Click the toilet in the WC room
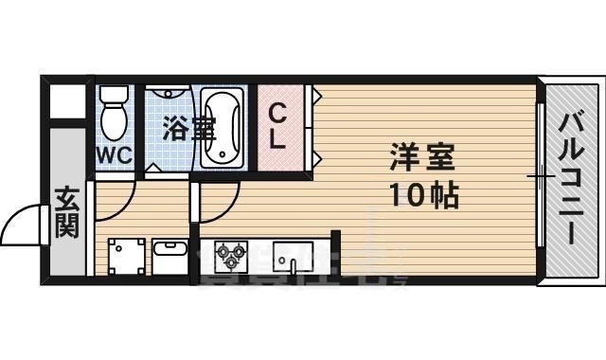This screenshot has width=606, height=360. coord(114,118)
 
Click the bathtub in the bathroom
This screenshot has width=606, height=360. coord(223,127)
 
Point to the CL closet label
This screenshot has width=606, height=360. coord(277,126)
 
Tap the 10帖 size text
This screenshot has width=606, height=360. coord(422,196)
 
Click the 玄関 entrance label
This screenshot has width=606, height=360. coord(67,217)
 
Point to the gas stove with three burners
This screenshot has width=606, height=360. coord(231,254)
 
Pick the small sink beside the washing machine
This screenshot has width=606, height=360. coord(171,254)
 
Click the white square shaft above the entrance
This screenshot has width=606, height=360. coord(66,101)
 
